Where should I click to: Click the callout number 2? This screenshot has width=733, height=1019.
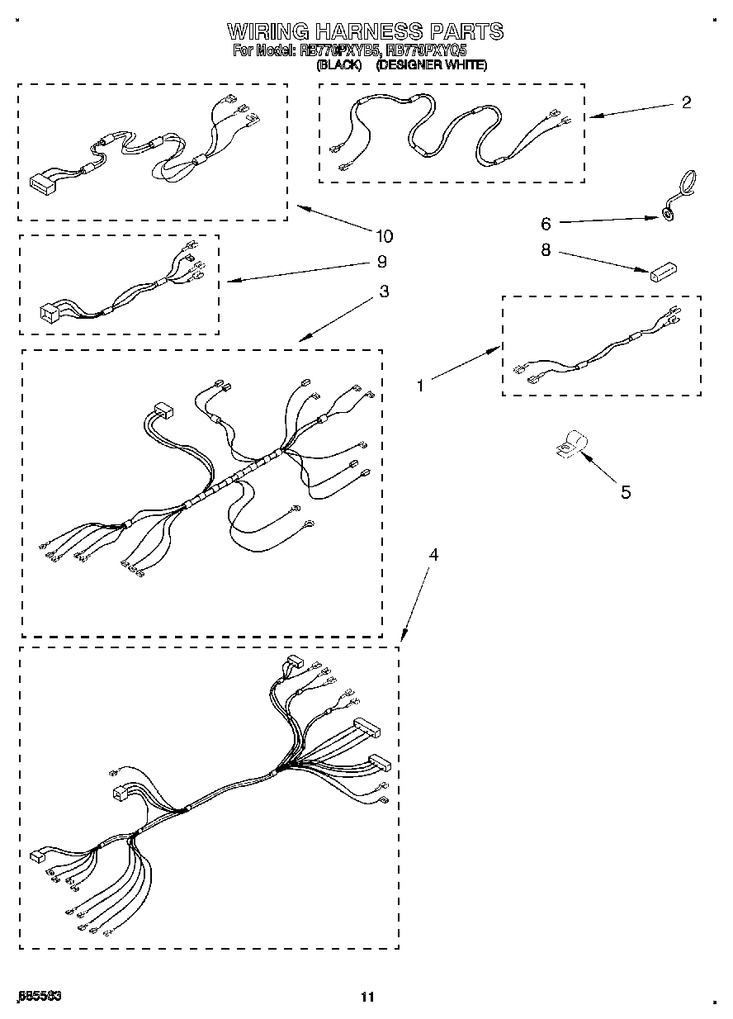pyautogui.click(x=686, y=103)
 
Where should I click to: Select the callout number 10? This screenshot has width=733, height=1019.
pyautogui.click(x=384, y=236)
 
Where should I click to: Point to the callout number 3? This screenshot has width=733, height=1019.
pyautogui.click(x=384, y=291)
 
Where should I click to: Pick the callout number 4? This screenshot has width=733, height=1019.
pyautogui.click(x=433, y=555)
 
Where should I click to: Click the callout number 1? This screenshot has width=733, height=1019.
pyautogui.click(x=420, y=385)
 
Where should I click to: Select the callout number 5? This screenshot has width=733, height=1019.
pyautogui.click(x=626, y=492)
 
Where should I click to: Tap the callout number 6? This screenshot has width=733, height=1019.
pyautogui.click(x=546, y=223)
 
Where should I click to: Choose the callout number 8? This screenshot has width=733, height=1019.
pyautogui.click(x=546, y=249)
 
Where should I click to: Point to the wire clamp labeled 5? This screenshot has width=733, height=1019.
pyautogui.click(x=570, y=446)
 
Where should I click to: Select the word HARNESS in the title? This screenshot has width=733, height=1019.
pyautogui.click(x=370, y=32)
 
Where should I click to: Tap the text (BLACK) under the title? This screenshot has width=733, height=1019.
pyautogui.click(x=339, y=64)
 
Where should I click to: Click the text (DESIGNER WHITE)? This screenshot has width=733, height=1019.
pyautogui.click(x=431, y=64)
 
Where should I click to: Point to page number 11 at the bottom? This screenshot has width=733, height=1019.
pyautogui.click(x=367, y=997)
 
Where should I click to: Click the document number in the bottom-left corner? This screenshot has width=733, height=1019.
pyautogui.click(x=40, y=996)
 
